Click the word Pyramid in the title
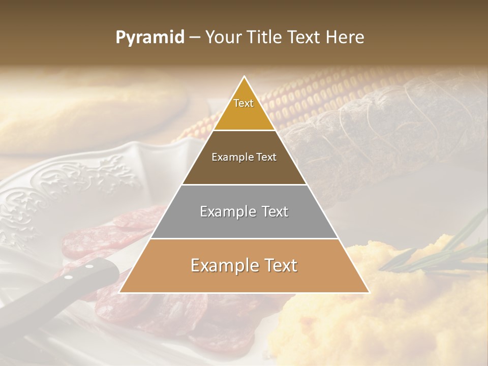(x=149, y=38)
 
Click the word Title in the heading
(x=265, y=37)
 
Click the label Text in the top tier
(x=243, y=103)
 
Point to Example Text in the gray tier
(x=244, y=211)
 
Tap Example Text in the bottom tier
(x=244, y=265)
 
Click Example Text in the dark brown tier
(x=244, y=157)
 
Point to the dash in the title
(x=195, y=38)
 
